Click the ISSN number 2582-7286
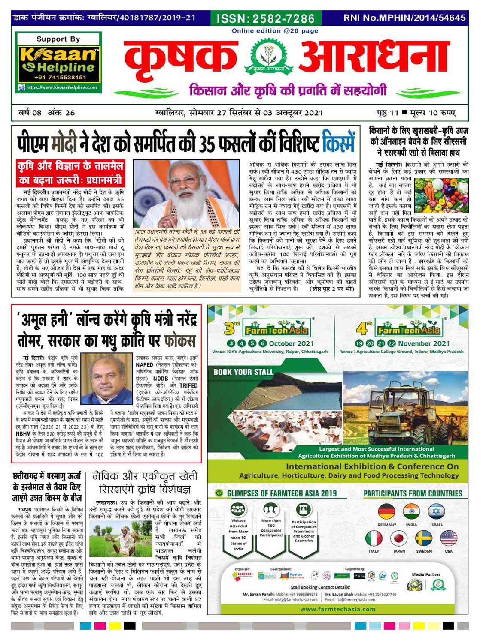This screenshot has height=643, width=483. tap(265, 18)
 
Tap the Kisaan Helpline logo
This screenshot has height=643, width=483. tap(58, 60)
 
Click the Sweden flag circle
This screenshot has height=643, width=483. tap(423, 538)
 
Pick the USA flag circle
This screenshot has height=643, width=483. tap(448, 538)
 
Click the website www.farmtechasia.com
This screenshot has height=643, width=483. tap(337, 609)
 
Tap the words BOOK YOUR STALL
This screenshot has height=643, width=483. tap(243, 372)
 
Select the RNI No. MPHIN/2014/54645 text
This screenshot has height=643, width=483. tap(404, 18)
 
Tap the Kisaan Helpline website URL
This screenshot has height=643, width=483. tap(61, 87)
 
